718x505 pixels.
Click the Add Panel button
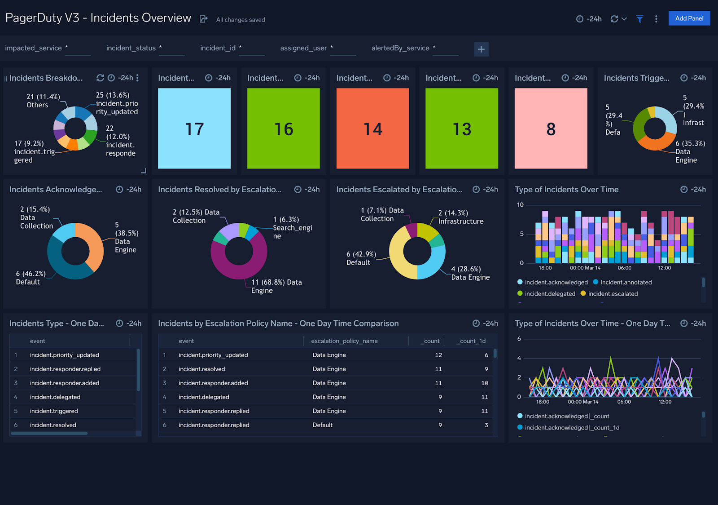coord(689,18)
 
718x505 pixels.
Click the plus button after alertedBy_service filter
coord(481,49)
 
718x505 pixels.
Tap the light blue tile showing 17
coord(194,128)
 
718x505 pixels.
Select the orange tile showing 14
coord(372,128)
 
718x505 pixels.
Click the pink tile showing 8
coord(551,128)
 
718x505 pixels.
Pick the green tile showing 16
coord(283,128)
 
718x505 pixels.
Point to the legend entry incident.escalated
coord(613,294)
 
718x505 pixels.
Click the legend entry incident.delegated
coord(550,294)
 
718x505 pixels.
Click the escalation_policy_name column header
coord(344,341)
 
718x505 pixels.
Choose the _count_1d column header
coord(471,341)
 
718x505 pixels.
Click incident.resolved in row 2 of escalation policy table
coord(201,369)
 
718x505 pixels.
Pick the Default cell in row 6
coord(322,425)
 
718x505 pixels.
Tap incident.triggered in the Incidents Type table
coord(54,411)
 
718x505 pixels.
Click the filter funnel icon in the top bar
coord(639,19)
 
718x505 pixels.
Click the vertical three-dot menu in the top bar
coord(656,19)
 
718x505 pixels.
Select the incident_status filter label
coord(131,48)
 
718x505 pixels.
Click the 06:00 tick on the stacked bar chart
coord(624,268)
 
